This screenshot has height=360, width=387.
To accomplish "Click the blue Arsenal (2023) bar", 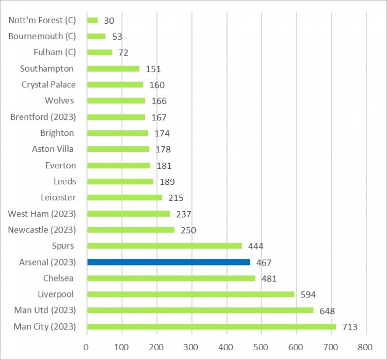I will click(x=169, y=262).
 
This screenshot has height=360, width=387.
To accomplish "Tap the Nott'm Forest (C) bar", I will click(x=92, y=20).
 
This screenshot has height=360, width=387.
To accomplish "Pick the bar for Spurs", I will click(x=165, y=246).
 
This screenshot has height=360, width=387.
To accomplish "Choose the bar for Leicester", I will click(x=124, y=197).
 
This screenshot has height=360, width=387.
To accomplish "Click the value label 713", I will click(x=350, y=327).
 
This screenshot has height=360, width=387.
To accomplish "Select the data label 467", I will click(x=264, y=262).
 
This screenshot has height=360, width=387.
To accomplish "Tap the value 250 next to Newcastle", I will click(x=188, y=230).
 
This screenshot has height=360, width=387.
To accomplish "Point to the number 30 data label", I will click(x=108, y=21).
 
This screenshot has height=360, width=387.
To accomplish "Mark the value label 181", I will click(x=164, y=166).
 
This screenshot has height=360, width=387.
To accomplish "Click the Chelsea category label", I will click(x=58, y=278).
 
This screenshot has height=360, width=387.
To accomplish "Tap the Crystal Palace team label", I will click(x=49, y=85).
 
